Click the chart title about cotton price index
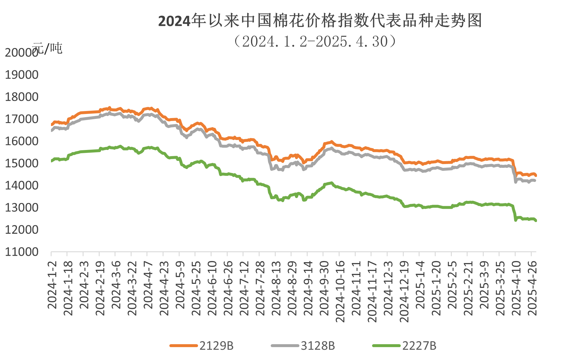click(x=320, y=21)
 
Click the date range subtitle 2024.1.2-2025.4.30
click(x=315, y=41)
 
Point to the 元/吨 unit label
click(x=47, y=48)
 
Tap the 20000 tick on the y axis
click(x=22, y=53)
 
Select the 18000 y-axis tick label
click(x=22, y=97)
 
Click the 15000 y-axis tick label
click(x=22, y=163)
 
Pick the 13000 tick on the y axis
click(x=22, y=208)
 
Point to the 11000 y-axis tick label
click(x=22, y=252)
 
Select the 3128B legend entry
click(x=303, y=346)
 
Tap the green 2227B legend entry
click(x=404, y=346)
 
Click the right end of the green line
click(x=536, y=221)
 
